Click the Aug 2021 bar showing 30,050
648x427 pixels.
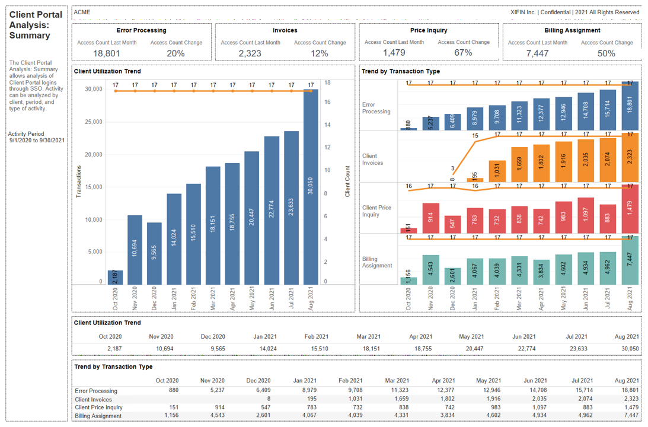click(311, 187)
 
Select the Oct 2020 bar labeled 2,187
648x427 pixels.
click(116, 278)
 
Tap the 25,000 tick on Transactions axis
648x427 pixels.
click(94, 122)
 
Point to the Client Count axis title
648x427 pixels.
click(347, 181)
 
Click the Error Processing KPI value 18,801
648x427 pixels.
click(107, 53)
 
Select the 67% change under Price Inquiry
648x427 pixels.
click(463, 53)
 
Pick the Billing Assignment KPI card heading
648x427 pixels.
click(572, 30)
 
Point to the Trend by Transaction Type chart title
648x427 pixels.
click(401, 71)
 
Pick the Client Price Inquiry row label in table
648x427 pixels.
click(98, 407)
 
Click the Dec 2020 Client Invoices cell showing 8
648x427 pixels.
click(268, 399)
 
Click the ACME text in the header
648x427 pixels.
click(82, 12)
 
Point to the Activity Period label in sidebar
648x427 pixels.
click(26, 134)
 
